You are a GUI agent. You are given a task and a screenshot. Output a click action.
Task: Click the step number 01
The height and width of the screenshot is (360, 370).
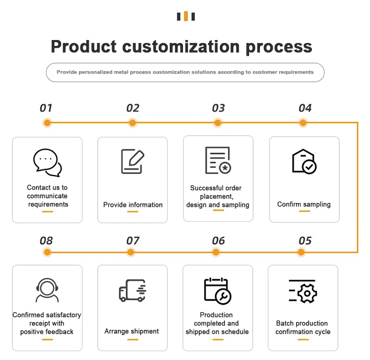(46, 108)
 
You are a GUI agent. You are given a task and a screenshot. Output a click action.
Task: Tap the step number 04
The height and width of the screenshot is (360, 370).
(305, 108)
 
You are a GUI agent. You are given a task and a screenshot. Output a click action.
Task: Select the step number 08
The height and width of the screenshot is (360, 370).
(46, 241)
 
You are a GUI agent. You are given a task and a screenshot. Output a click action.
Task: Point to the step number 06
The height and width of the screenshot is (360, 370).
(218, 241)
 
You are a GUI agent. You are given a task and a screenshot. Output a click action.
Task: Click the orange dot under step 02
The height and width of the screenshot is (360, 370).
(132, 122)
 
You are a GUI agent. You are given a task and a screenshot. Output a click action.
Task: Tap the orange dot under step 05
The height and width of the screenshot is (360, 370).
(301, 252)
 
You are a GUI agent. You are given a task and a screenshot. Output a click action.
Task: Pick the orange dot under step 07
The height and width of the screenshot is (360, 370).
(131, 252)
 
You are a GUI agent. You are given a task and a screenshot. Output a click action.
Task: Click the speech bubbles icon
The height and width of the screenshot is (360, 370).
(47, 162)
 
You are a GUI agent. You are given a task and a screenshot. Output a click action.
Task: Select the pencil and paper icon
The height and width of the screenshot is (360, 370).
(133, 161)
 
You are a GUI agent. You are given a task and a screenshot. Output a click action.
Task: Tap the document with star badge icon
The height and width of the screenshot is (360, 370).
(218, 160)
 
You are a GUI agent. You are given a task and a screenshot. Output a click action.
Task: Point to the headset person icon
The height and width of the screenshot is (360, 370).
(47, 290)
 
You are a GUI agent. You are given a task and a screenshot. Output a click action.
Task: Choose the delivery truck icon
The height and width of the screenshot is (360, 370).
(132, 290)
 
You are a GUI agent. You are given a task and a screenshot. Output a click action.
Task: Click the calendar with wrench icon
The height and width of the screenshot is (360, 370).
(218, 290)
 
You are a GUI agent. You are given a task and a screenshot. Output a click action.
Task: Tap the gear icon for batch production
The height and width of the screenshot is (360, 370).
(303, 291)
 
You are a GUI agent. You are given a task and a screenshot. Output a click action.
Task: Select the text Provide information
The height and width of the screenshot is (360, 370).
(133, 204)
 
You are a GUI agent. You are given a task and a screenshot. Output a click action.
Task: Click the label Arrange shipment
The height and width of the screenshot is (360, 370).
(132, 331)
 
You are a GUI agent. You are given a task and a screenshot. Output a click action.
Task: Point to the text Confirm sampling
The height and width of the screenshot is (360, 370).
(304, 204)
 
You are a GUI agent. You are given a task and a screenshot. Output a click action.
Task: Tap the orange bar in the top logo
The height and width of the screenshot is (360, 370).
(186, 16)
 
